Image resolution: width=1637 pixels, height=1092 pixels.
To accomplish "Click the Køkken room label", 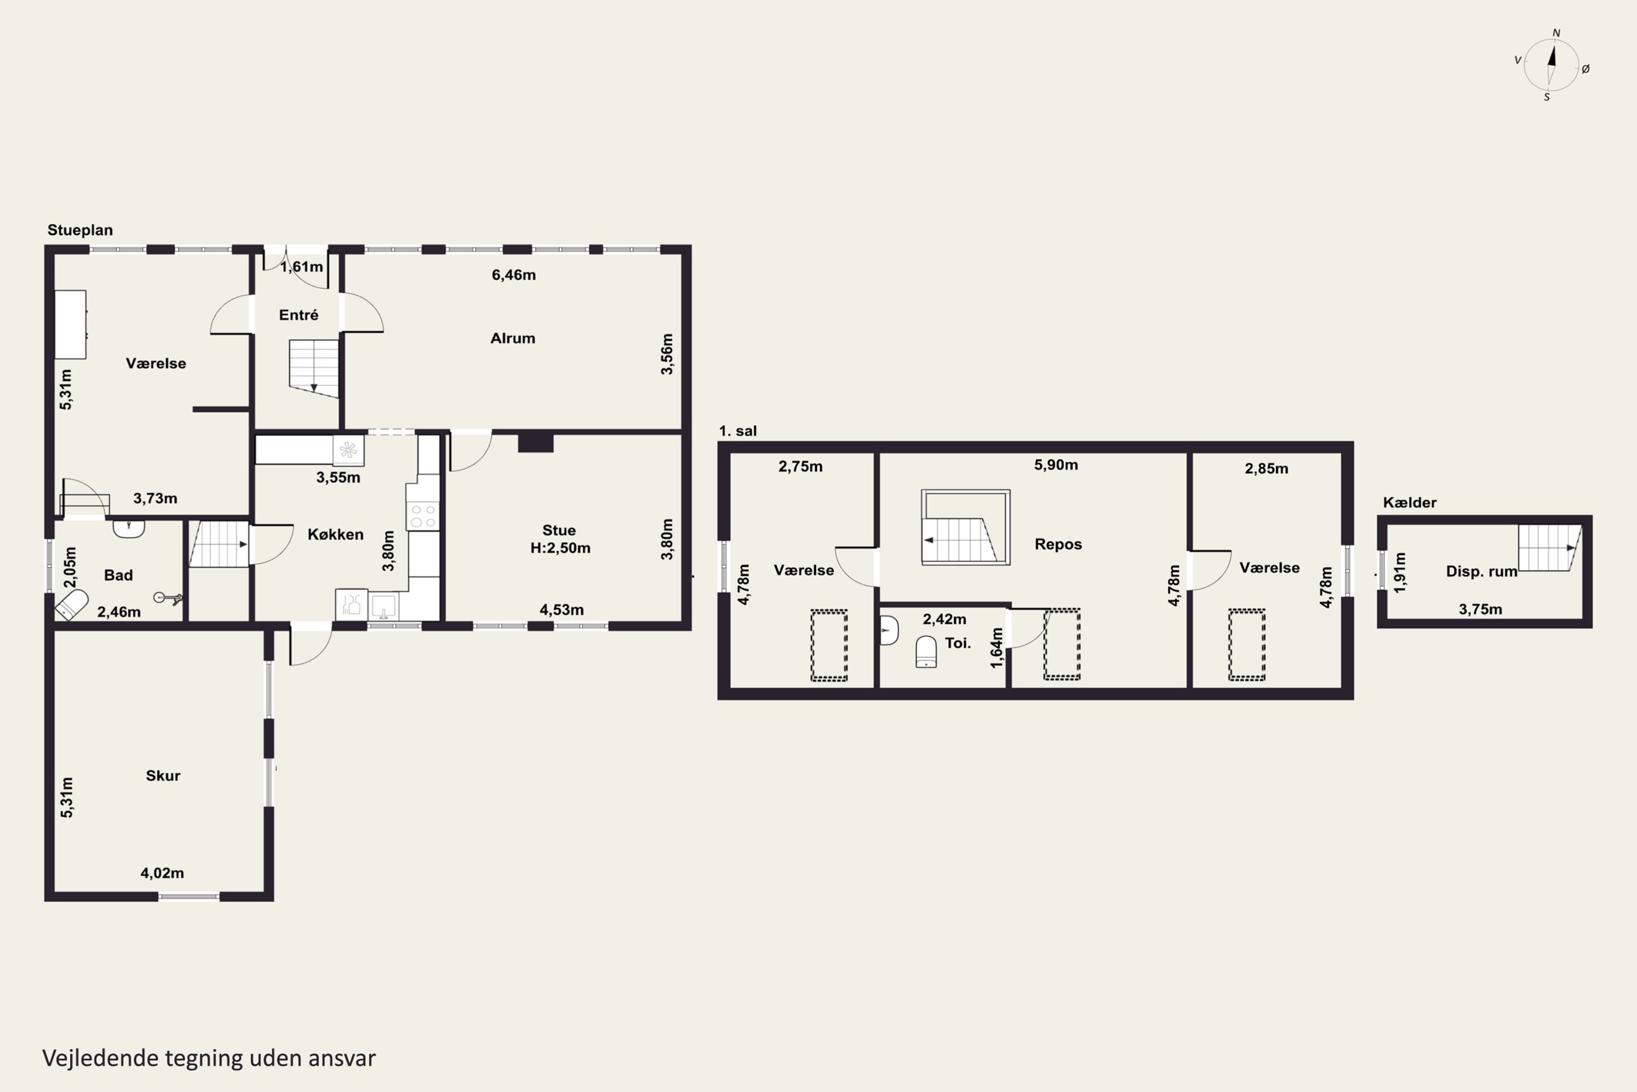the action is [336, 534].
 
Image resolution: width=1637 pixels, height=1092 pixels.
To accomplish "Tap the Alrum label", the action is [513, 339].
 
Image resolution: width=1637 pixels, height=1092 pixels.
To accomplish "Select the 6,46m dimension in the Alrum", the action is [513, 275].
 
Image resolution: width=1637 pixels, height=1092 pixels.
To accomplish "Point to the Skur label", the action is [163, 776].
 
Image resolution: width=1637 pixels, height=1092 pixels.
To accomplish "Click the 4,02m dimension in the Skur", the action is [162, 873].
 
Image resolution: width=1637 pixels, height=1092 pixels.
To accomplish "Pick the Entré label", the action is [298, 316].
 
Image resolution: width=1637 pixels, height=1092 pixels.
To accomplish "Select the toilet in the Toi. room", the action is [925, 651].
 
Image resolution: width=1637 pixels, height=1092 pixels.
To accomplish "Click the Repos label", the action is [1058, 544].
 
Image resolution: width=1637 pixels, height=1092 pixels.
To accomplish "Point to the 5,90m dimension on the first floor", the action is [1056, 465].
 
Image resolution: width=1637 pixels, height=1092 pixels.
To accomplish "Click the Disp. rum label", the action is [1481, 571].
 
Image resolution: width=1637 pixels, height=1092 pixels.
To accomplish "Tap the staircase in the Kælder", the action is [1549, 548].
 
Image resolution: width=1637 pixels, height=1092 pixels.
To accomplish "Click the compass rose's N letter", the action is [1556, 33].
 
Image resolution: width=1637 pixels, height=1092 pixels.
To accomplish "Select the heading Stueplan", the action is [80, 230].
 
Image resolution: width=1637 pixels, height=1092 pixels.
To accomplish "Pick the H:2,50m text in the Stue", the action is [560, 548].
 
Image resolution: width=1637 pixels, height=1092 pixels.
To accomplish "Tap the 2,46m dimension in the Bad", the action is [119, 612].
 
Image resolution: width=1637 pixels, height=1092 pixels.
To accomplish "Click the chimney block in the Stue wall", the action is [535, 442].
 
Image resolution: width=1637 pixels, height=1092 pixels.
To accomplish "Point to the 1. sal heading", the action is [738, 431].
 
